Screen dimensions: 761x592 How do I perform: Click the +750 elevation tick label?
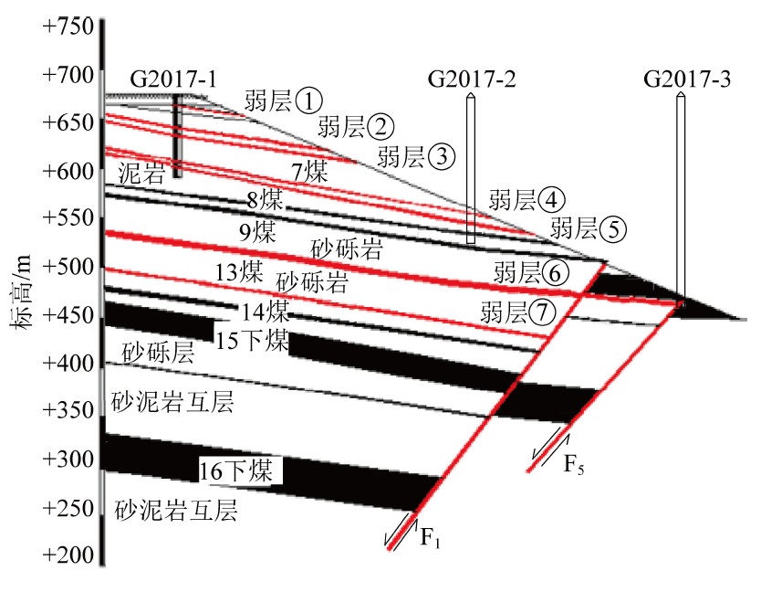point(68,26)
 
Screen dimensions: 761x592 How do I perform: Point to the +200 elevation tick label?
point(68,555)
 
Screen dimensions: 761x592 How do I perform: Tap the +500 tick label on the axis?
point(68,267)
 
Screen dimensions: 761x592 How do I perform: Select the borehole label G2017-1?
point(173,79)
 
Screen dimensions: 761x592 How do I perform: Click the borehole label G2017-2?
point(472,79)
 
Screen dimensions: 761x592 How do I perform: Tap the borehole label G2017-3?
point(687,79)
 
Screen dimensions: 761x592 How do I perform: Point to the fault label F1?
point(430,538)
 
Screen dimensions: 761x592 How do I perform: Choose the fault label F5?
point(574,464)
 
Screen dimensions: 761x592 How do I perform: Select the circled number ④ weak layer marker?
point(552,200)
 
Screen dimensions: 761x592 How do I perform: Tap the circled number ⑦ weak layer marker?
point(543,312)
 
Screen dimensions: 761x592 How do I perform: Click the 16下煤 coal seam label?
point(236,470)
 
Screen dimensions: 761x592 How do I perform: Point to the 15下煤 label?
point(252,340)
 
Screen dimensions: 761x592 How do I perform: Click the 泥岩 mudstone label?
point(141,173)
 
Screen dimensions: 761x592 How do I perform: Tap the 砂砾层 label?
point(158,353)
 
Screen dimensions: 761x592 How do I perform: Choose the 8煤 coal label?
point(265,199)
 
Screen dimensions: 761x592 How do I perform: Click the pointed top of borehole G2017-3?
point(681,93)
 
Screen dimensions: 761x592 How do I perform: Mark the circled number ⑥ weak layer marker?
point(555,272)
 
